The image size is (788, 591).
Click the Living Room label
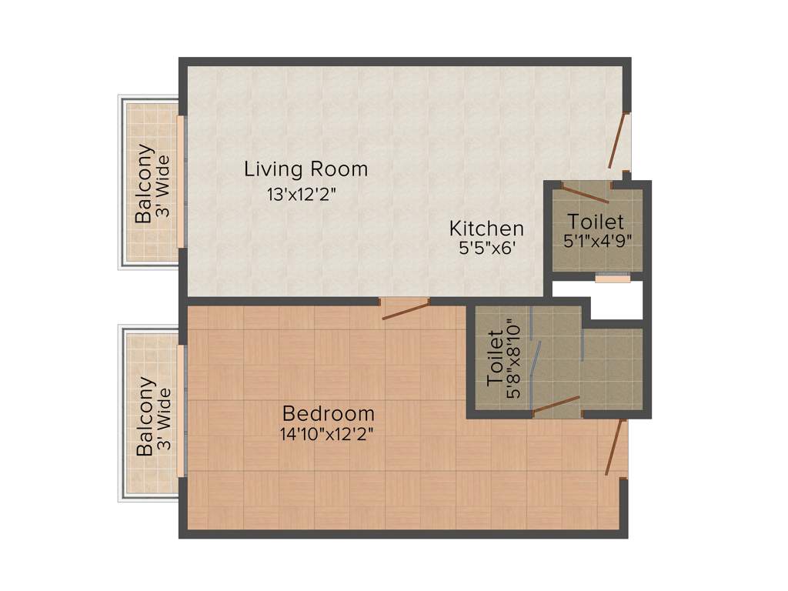coord(306,169)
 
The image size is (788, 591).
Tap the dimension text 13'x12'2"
coord(302,195)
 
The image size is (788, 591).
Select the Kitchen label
coord(486,229)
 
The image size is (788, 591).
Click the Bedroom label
coord(328,413)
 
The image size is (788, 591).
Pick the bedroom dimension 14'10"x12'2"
coord(328,434)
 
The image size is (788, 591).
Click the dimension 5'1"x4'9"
coord(598,241)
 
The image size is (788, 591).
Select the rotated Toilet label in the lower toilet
coord(495,359)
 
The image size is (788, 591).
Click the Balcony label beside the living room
coord(144,184)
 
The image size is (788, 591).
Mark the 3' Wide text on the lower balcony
coord(162,419)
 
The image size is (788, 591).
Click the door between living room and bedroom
coord(406,309)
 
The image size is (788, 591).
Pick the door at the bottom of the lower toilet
coord(556,406)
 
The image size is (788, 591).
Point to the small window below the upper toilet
coord(613,278)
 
